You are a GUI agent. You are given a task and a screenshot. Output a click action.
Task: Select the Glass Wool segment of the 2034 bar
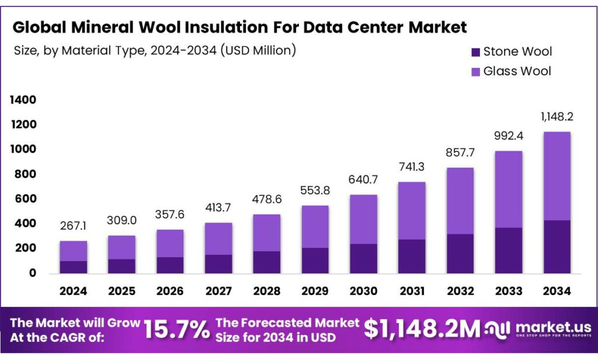tap(557, 176)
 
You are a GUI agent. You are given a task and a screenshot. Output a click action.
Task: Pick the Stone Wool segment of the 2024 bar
tap(73, 266)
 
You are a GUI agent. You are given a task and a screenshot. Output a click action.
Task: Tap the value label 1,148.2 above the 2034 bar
tap(557, 117)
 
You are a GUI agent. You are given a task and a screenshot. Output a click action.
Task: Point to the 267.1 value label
tap(73, 226)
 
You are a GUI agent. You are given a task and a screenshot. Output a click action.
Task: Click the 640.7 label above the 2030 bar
tap(363, 180)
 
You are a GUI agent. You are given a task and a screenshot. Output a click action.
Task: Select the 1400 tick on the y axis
tap(23, 101)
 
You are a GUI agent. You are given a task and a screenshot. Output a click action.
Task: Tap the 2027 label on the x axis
tap(218, 291)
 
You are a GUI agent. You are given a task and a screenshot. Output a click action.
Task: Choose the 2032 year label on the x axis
tap(460, 291)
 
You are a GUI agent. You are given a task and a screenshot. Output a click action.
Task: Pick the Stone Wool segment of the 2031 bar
tap(412, 256)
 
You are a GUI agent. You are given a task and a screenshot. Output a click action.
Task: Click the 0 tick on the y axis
tap(32, 273)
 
